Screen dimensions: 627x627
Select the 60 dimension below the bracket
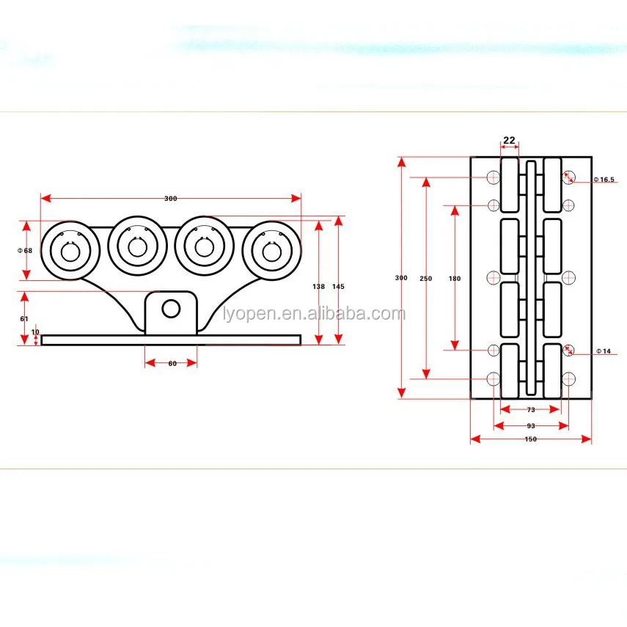[172, 363]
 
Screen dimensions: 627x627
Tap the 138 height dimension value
[318, 287]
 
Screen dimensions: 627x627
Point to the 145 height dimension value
[338, 287]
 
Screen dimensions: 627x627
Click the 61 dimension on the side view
[24, 319]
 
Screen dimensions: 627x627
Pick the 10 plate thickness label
[36, 332]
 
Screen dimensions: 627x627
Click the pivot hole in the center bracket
[171, 309]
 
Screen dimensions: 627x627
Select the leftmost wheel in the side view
[70, 250]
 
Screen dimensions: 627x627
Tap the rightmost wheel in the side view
[271, 249]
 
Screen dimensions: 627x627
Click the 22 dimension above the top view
[509, 141]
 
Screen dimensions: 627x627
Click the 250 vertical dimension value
[425, 279]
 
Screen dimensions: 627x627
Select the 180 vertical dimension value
[455, 279]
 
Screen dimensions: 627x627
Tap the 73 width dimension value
[530, 410]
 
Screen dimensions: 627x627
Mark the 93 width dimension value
[531, 425]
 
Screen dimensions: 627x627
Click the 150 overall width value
[531, 439]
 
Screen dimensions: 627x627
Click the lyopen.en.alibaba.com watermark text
[314, 315]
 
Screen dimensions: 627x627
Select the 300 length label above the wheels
[171, 199]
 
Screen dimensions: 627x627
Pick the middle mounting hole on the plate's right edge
[569, 277]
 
